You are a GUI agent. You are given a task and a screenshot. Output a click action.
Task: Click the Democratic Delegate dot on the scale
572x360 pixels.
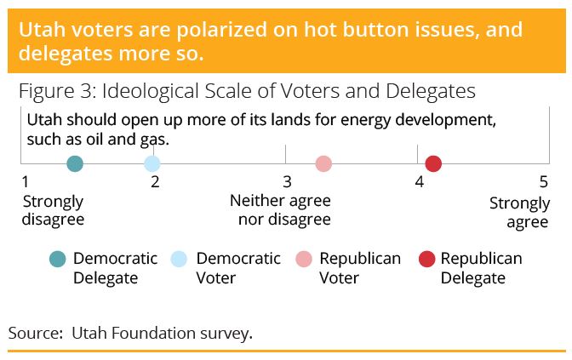(75, 163)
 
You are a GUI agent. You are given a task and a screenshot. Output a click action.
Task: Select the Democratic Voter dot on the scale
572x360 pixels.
(152, 163)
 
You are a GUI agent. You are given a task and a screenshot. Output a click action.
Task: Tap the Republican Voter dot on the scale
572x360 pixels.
(323, 163)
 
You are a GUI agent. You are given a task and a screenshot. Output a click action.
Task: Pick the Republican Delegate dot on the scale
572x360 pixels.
(433, 163)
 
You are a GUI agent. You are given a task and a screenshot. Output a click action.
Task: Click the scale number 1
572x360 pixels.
(25, 181)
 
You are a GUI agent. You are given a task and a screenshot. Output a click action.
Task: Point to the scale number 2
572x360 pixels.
(155, 181)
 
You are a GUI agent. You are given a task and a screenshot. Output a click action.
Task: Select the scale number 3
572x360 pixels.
(287, 181)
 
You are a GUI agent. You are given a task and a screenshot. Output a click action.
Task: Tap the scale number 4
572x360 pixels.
(419, 181)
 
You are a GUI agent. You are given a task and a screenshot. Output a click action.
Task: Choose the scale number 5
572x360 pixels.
(544, 181)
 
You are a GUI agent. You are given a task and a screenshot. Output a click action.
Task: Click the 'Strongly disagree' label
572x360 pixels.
(54, 211)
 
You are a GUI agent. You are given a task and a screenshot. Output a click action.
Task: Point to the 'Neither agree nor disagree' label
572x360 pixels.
(281, 210)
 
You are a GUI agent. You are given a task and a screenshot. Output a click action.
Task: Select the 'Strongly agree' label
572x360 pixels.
(519, 213)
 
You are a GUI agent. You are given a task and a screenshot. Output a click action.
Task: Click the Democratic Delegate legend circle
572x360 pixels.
(58, 260)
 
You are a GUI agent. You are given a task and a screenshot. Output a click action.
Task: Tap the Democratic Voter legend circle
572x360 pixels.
(179, 260)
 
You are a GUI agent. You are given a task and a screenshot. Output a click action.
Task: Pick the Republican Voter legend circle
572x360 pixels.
(304, 260)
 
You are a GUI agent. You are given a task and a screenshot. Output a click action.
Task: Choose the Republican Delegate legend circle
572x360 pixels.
(426, 260)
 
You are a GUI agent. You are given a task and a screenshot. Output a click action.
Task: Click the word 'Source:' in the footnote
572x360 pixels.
(36, 333)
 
